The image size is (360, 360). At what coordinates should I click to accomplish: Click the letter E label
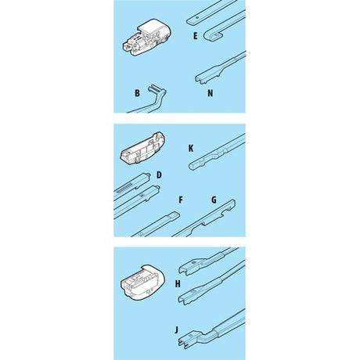(196, 36)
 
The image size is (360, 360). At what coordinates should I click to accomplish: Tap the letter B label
(137, 93)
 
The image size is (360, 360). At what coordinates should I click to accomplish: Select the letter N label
(211, 93)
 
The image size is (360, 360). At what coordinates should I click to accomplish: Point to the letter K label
(191, 149)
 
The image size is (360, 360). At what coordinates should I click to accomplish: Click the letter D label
(159, 175)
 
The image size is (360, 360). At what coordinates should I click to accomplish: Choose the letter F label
(181, 200)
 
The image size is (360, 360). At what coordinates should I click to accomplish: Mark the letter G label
(214, 200)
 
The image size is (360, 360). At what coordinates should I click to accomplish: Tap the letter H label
(178, 284)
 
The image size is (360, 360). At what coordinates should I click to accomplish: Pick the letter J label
(177, 330)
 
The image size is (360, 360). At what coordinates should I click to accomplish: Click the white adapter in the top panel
(146, 38)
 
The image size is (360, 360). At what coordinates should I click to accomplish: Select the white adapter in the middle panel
(142, 148)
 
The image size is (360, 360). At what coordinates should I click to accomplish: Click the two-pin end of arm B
(153, 88)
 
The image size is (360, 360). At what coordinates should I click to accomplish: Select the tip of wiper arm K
(192, 166)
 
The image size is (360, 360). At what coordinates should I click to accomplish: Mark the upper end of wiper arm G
(232, 203)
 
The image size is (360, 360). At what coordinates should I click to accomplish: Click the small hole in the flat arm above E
(197, 18)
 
